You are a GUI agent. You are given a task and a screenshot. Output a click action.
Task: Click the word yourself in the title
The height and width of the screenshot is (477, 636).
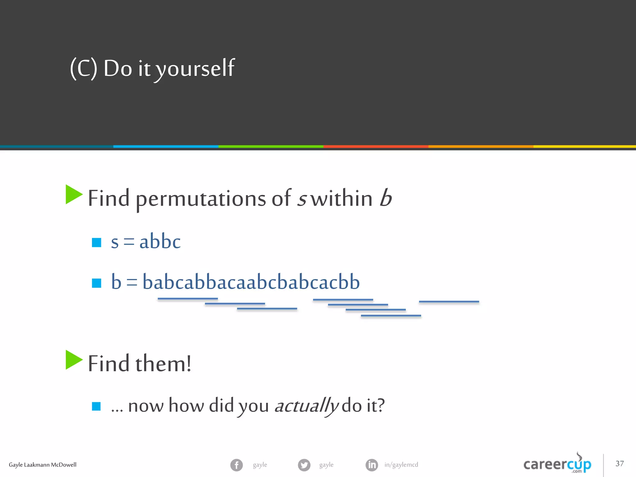tap(195, 68)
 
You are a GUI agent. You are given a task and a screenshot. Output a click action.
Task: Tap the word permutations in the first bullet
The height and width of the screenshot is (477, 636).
tap(201, 199)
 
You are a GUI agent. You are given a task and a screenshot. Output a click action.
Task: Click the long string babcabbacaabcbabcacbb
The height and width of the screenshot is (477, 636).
tap(251, 282)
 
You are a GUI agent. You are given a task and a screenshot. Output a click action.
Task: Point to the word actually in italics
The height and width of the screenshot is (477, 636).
tap(306, 406)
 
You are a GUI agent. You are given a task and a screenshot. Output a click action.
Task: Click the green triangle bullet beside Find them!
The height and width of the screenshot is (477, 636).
tap(74, 360)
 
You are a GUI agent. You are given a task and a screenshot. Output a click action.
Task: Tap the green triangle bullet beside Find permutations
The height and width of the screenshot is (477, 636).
tap(74, 194)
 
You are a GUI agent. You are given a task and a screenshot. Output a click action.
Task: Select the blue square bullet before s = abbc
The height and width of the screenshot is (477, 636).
tap(97, 243)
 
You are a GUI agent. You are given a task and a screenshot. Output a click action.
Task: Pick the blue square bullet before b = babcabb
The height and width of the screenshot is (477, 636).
tap(97, 283)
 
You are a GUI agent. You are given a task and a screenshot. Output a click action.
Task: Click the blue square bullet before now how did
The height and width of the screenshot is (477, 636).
tap(96, 406)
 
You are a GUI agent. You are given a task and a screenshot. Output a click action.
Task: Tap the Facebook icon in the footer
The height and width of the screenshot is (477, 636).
tap(237, 465)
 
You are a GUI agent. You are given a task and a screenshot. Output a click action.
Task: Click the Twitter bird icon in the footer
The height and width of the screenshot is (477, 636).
tap(304, 465)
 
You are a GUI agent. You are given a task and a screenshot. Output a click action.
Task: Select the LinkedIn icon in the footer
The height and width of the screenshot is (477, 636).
tap(372, 465)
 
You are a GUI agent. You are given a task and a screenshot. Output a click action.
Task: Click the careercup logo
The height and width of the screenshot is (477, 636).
tap(557, 464)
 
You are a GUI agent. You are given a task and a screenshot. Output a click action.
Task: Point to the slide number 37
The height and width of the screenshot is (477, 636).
tap(620, 463)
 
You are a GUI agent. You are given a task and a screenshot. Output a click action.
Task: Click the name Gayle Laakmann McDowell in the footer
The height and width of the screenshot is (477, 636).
tap(43, 465)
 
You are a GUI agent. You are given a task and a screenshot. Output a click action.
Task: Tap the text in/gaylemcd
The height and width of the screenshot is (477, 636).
tap(401, 465)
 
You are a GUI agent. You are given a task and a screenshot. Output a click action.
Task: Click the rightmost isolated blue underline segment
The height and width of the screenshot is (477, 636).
tap(449, 302)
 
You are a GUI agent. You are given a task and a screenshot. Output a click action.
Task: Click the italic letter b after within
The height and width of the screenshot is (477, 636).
tap(386, 198)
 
